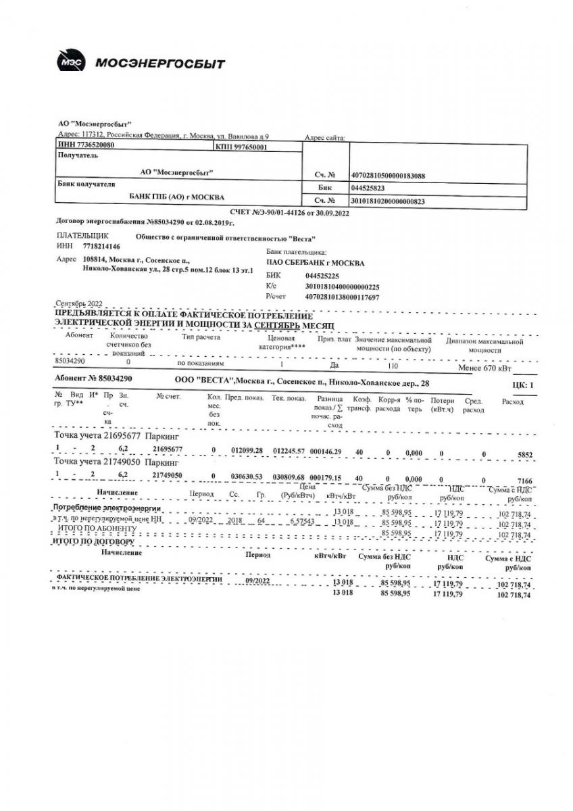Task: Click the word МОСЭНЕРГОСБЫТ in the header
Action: (160, 64)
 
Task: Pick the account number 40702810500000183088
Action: (388, 176)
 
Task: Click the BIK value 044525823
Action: (368, 189)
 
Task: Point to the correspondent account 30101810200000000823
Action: (388, 201)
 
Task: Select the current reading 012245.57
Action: (289, 450)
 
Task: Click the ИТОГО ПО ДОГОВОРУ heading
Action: (94, 541)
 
